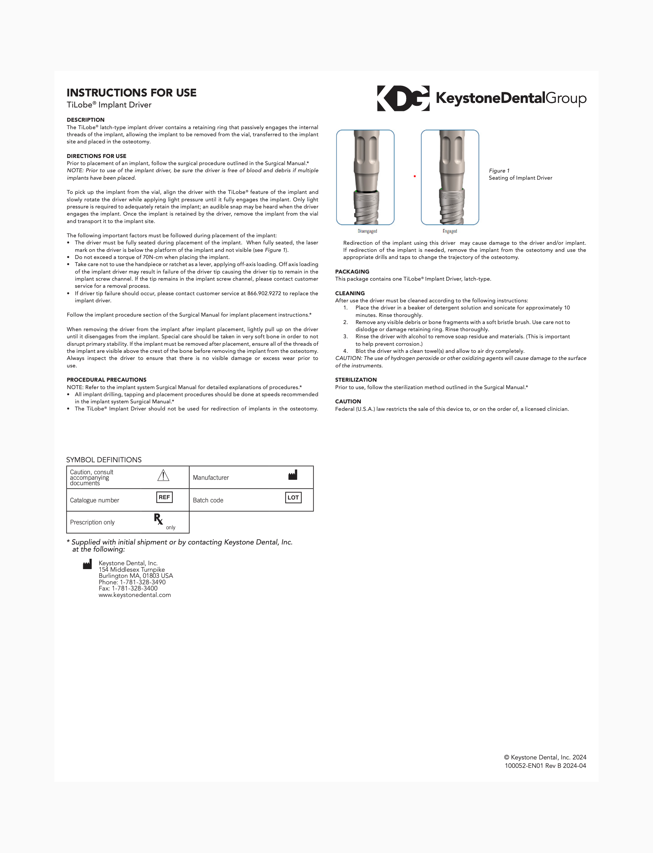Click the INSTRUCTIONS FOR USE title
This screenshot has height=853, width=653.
(x=131, y=93)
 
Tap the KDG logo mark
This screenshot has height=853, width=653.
(x=403, y=98)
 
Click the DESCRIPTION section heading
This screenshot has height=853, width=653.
(x=85, y=120)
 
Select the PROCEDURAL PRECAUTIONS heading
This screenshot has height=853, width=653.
(x=106, y=380)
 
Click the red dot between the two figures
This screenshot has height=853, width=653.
(x=415, y=176)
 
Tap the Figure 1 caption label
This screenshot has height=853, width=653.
(x=499, y=171)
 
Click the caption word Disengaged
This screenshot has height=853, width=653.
(x=367, y=231)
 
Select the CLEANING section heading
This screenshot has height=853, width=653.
(x=350, y=293)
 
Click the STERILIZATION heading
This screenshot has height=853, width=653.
(x=356, y=380)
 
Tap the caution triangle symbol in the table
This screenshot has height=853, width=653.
(x=163, y=475)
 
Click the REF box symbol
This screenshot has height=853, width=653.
(x=164, y=497)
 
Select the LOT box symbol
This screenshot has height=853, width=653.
(x=293, y=498)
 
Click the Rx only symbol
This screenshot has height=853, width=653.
(x=161, y=521)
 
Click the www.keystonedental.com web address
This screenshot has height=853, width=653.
(x=135, y=595)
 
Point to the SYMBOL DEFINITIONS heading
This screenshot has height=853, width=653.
(x=104, y=460)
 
